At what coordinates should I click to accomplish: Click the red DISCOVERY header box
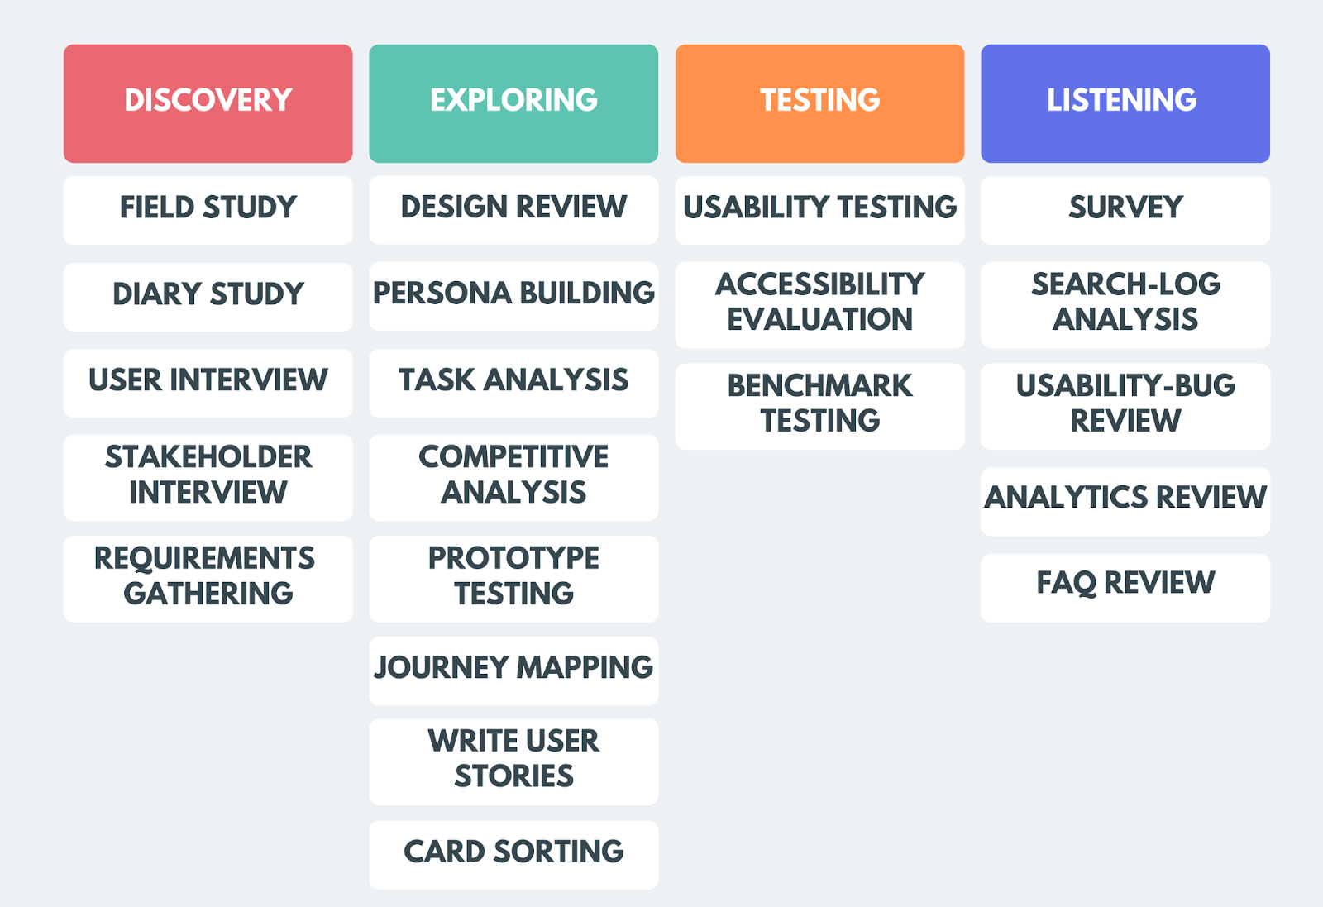(x=208, y=103)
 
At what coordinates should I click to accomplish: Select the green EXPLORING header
(x=513, y=103)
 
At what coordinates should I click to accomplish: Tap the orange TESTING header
(x=819, y=103)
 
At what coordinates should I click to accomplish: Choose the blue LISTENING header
(x=1125, y=103)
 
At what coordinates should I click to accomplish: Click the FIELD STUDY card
(x=208, y=209)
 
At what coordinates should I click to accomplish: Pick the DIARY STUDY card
(x=208, y=296)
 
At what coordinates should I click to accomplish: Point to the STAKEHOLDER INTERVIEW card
(x=208, y=476)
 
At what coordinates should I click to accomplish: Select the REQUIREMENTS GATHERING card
(x=208, y=578)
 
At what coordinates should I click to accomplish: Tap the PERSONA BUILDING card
(x=513, y=295)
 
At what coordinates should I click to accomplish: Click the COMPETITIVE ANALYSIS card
(x=513, y=476)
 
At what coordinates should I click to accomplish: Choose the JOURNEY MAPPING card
(x=513, y=670)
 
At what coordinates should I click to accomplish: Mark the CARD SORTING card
(x=513, y=854)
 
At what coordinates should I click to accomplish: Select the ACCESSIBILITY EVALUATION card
(x=819, y=303)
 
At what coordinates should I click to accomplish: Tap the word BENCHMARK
(x=819, y=386)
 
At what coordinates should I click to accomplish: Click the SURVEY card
(x=1125, y=209)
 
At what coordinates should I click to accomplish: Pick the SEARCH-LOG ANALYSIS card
(x=1125, y=303)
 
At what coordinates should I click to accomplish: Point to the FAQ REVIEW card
(x=1125, y=586)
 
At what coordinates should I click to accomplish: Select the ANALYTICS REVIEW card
(x=1125, y=499)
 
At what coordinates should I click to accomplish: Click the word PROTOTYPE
(x=513, y=559)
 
